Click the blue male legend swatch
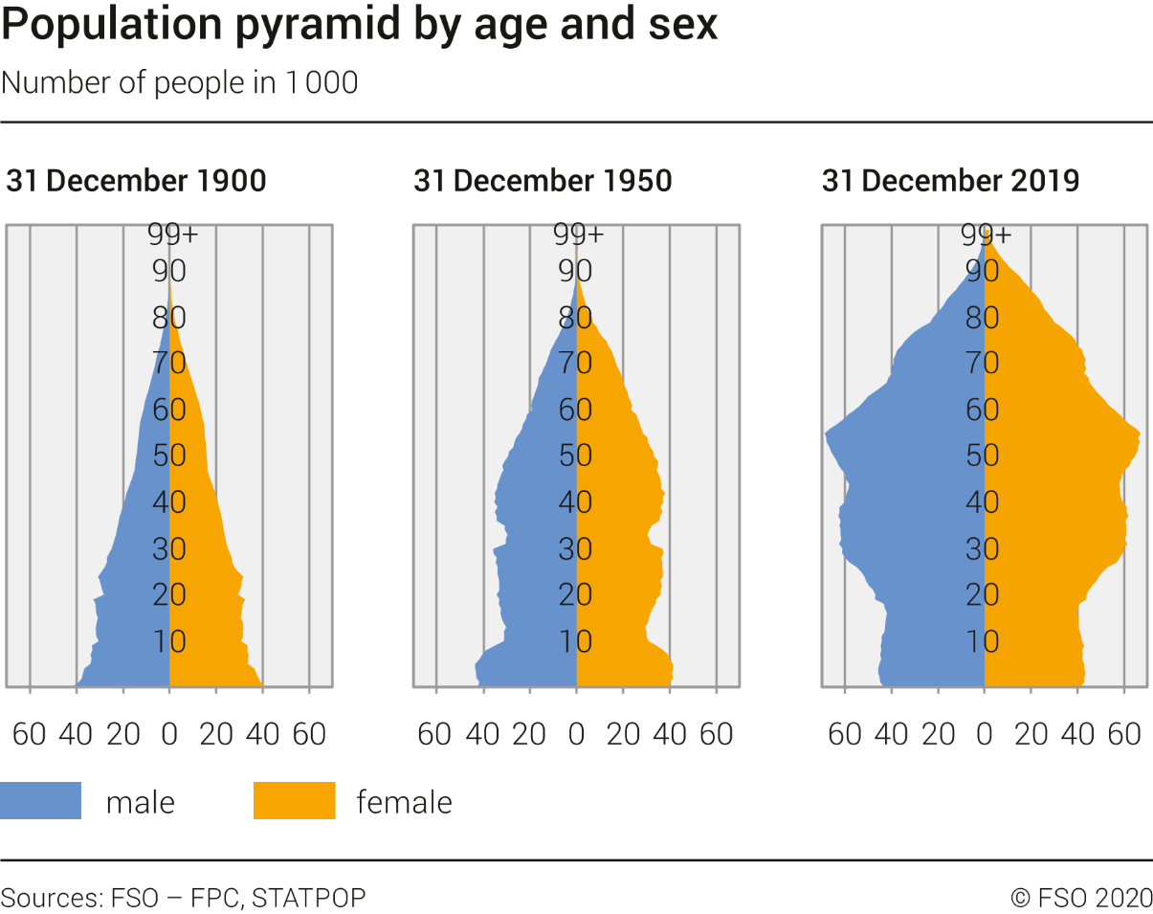40,800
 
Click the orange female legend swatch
294,800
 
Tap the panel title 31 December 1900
136,181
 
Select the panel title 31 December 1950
543,181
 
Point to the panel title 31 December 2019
950,181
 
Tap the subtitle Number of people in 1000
180,83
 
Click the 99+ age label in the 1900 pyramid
172,234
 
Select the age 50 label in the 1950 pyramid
576,455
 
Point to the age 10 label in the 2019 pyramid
983,640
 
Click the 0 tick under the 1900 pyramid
169,734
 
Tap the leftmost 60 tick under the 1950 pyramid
434,734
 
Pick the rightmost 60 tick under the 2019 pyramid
1124,734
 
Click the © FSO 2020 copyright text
1081,898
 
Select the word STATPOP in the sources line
308,898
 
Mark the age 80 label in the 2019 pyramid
983,318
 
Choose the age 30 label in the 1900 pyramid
169,548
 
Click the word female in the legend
404,801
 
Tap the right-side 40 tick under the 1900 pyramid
262,734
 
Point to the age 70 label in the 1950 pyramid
576,363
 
